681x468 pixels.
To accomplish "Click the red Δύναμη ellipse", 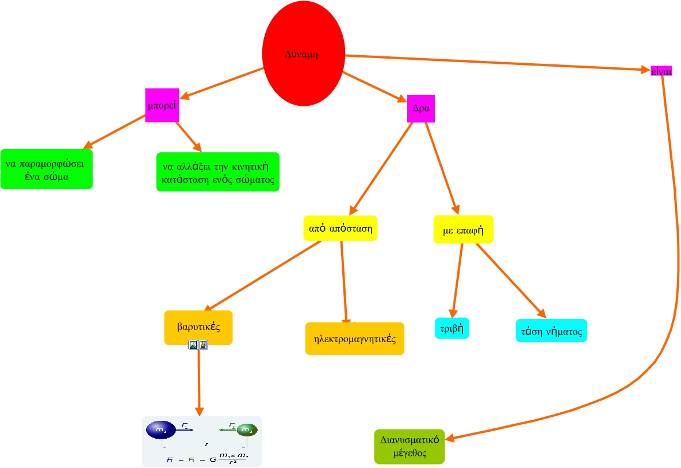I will pyautogui.click(x=303, y=53).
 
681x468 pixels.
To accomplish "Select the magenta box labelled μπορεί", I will pyautogui.click(x=162, y=105).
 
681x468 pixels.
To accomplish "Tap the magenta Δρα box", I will pyautogui.click(x=420, y=108).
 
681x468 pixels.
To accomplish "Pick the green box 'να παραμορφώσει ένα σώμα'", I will pyautogui.click(x=46, y=169).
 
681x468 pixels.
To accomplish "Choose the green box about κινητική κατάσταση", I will pyautogui.click(x=217, y=172).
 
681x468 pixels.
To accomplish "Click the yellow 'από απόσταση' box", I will pyautogui.click(x=340, y=228).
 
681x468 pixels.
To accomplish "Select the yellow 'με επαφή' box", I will pyautogui.click(x=463, y=229).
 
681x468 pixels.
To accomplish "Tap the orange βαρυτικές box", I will pyautogui.click(x=198, y=327).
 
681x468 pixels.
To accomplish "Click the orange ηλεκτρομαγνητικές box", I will pyautogui.click(x=354, y=338).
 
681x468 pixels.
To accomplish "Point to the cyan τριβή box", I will pyautogui.click(x=452, y=328).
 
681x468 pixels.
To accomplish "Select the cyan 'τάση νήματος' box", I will pyautogui.click(x=551, y=331).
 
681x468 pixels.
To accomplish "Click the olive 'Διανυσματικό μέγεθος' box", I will pyautogui.click(x=410, y=446).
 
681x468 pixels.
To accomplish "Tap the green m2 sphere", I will pyautogui.click(x=247, y=429).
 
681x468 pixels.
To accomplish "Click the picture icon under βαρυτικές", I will pyautogui.click(x=193, y=345).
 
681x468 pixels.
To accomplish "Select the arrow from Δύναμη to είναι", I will pyautogui.click(x=495, y=63).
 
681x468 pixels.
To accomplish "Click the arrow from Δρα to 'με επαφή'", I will pyautogui.click(x=441, y=167).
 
